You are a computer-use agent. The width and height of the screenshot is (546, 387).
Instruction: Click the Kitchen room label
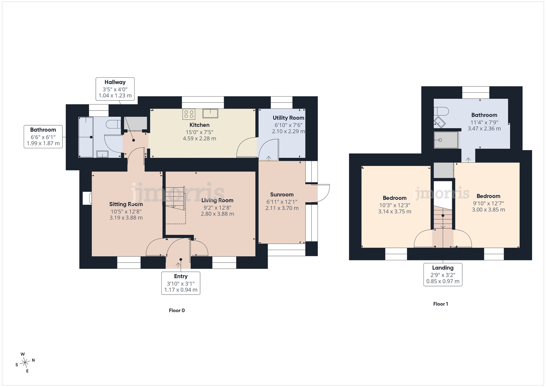200,125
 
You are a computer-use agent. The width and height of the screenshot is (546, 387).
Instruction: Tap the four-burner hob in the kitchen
189,114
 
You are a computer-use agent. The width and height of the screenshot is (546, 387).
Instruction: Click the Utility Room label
289,118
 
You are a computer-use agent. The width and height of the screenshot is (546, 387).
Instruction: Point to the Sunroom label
282,195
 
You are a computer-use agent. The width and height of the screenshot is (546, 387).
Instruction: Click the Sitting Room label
126,204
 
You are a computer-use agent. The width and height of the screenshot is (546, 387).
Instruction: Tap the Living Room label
217,200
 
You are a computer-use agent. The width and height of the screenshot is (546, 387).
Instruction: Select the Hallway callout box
115,89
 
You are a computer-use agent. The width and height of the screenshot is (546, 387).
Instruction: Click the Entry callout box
181,283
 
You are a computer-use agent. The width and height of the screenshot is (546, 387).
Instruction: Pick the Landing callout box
443,275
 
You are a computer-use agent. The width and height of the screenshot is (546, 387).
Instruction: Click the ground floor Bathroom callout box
43,137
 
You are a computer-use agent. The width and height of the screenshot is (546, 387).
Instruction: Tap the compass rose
25,363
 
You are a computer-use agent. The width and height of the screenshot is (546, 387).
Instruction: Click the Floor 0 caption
177,310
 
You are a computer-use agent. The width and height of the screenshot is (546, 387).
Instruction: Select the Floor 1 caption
441,304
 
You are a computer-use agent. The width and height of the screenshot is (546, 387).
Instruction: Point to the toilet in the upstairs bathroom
441,111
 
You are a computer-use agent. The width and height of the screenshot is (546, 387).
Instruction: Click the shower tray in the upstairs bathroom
446,140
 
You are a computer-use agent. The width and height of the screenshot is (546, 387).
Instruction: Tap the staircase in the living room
175,205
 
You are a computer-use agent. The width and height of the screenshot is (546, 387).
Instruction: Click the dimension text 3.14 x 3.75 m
394,211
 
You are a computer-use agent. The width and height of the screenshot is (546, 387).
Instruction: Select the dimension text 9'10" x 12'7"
488,203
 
